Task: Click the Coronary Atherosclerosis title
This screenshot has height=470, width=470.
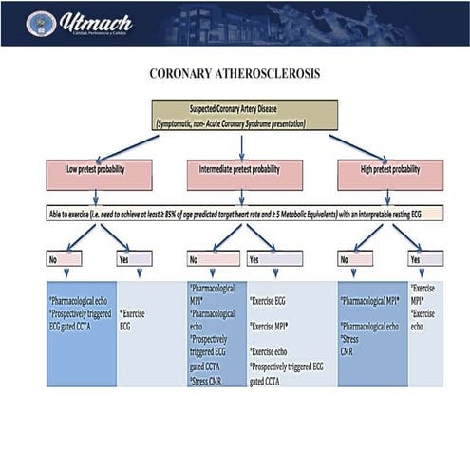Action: [235, 73]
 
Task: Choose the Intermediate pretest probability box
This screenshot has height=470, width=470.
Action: [244, 173]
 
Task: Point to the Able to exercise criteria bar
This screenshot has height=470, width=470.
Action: [243, 215]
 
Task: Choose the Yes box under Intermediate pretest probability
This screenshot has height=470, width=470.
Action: [273, 257]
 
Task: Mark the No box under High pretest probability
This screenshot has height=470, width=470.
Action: [355, 257]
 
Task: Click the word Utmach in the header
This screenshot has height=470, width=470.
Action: [95, 20]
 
